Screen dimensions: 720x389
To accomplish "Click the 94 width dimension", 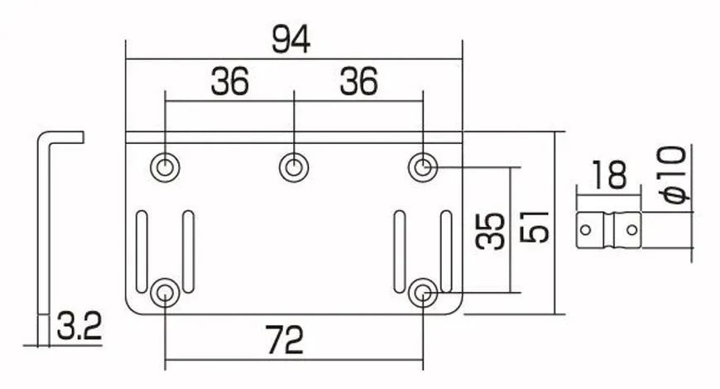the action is pyautogui.click(x=291, y=40).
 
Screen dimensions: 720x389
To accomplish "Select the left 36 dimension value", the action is pyautogui.click(x=229, y=81).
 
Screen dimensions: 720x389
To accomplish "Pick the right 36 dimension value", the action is pyautogui.click(x=358, y=81).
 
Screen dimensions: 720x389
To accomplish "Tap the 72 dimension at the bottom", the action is pyautogui.click(x=285, y=340).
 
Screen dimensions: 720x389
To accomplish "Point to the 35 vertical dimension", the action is pyautogui.click(x=491, y=231).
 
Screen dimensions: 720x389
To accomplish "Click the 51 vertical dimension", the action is pyautogui.click(x=535, y=227).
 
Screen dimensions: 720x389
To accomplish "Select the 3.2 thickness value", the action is pyautogui.click(x=79, y=325).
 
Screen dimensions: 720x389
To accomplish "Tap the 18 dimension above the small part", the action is pyautogui.click(x=609, y=175).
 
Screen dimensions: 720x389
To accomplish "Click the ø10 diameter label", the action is pyautogui.click(x=675, y=175).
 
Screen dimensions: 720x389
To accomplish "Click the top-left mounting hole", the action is pyautogui.click(x=165, y=167).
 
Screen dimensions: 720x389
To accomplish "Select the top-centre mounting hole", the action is pyautogui.click(x=294, y=167).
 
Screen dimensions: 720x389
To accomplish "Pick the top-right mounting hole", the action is pyautogui.click(x=423, y=167).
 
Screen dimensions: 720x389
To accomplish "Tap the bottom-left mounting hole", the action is pyautogui.click(x=165, y=292).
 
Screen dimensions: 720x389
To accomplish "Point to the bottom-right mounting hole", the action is pyautogui.click(x=423, y=292).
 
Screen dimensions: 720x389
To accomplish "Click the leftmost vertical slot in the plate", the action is pyautogui.click(x=142, y=252).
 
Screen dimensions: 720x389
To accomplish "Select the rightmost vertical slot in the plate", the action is pyautogui.click(x=446, y=252).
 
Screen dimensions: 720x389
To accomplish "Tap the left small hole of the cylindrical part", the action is pyautogui.click(x=585, y=229).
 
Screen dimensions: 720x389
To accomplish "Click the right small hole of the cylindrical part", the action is pyautogui.click(x=632, y=229).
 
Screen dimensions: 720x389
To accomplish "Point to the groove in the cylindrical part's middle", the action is pyautogui.click(x=609, y=230).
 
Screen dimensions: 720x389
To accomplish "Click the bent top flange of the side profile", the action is pyautogui.click(x=65, y=137).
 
